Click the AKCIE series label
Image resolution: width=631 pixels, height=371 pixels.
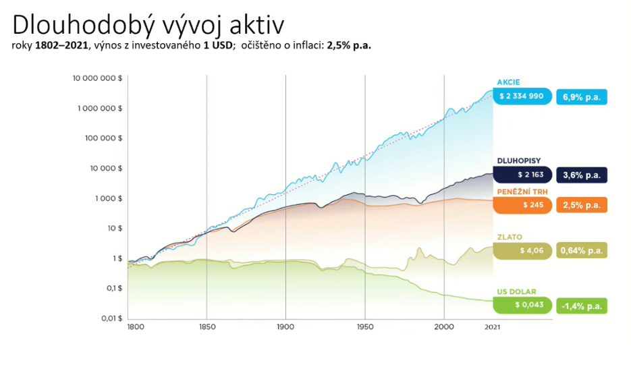tap(508, 82)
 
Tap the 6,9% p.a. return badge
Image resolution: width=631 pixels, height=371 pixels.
tap(581, 97)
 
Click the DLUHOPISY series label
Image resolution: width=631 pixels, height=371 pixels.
tap(519, 161)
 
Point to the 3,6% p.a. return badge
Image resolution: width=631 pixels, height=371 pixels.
tap(581, 175)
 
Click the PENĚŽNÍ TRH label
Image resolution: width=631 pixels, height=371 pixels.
tap(522, 192)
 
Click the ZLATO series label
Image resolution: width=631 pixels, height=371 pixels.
tap(510, 237)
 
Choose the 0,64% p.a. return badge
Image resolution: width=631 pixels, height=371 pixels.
tap(581, 251)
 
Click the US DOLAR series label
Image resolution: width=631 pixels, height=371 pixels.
tap(516, 292)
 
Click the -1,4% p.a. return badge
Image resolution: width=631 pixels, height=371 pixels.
tap(581, 306)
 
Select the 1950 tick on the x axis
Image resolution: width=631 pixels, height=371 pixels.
tap(365, 326)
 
